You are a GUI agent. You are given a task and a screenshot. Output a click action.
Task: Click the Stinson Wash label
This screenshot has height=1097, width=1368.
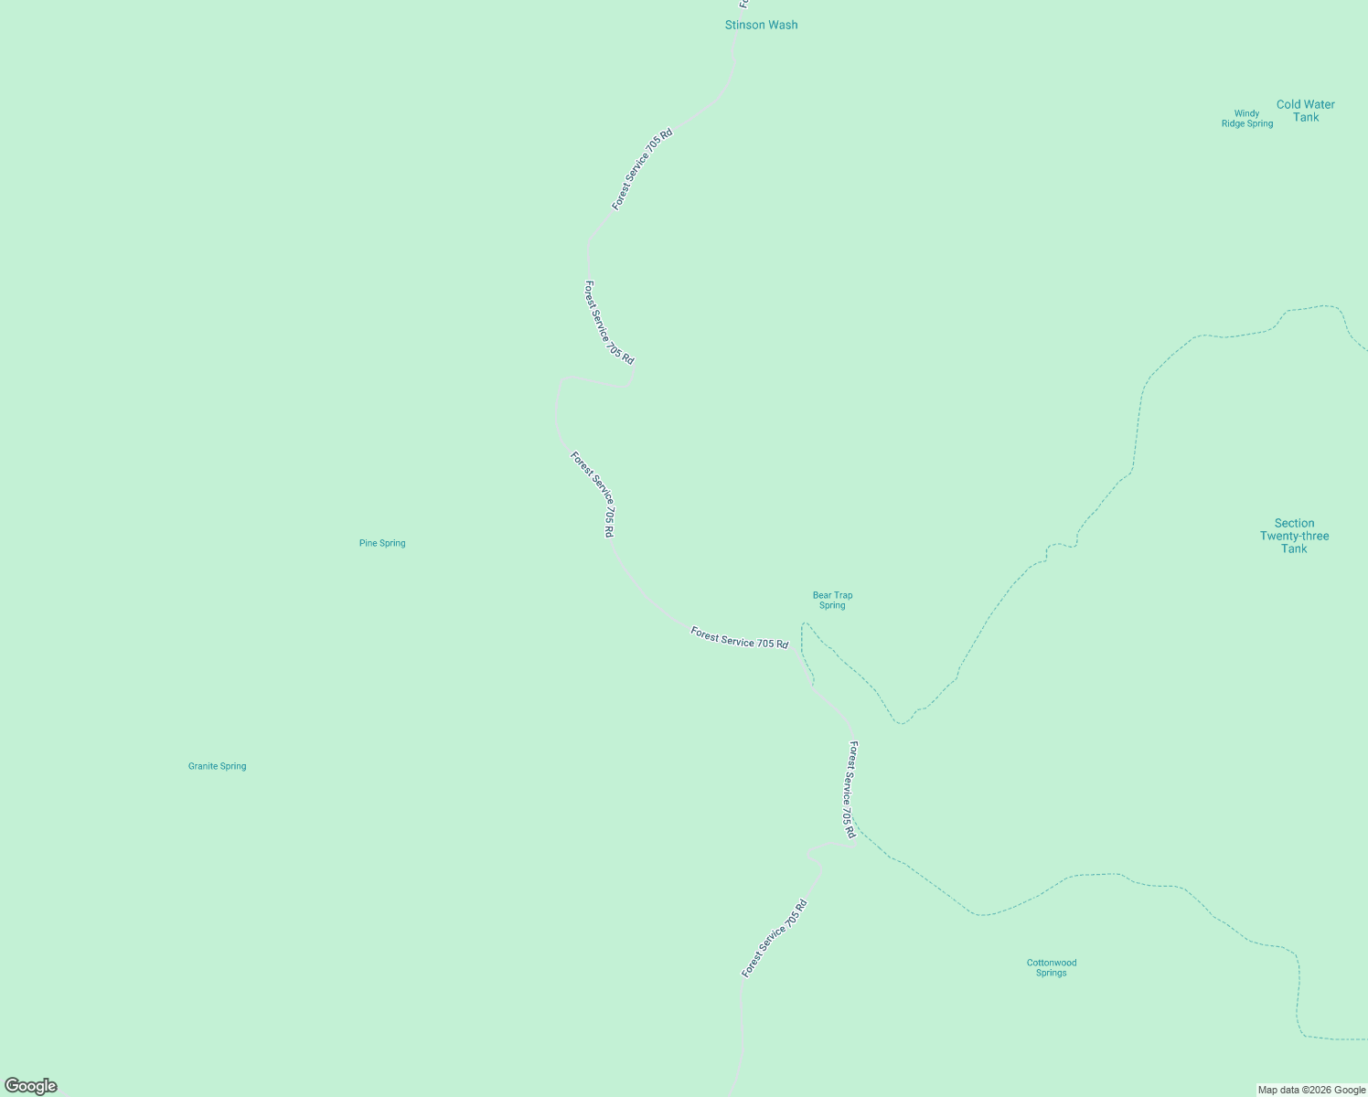click(761, 25)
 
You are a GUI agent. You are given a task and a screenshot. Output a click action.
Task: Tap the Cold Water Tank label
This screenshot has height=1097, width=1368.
click(1305, 111)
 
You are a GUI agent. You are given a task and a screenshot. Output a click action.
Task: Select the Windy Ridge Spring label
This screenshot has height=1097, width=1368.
click(1246, 119)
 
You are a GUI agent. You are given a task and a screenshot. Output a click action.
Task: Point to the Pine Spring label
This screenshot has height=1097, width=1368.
click(382, 543)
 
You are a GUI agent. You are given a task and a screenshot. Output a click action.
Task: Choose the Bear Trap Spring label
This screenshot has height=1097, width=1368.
click(832, 600)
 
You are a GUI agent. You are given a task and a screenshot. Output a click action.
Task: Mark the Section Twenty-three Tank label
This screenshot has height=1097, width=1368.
click(1294, 536)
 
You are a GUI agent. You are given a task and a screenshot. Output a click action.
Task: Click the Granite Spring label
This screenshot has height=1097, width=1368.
click(217, 766)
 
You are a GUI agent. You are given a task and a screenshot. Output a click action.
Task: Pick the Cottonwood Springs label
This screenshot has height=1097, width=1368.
click(1051, 967)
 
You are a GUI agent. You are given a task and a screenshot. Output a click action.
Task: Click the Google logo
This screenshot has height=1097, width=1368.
click(31, 1086)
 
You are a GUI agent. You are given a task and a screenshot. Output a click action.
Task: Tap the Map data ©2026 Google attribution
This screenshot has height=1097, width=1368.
click(1311, 1090)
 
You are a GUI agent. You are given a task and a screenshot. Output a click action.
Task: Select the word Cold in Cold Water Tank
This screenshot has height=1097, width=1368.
click(1289, 104)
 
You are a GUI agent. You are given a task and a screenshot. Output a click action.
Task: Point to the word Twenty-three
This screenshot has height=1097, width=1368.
click(1294, 536)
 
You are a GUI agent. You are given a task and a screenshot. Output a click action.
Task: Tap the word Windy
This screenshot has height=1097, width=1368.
click(1246, 113)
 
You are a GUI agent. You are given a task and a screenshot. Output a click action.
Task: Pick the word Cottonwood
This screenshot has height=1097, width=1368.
click(1051, 963)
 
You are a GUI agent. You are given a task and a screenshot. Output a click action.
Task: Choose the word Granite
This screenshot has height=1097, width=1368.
click(203, 766)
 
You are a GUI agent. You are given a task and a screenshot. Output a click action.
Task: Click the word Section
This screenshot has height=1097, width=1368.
click(1294, 523)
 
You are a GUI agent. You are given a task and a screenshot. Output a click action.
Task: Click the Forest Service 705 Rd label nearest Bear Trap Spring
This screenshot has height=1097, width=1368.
click(739, 638)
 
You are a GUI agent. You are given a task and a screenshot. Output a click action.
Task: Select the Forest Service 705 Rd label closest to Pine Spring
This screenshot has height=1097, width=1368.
click(593, 494)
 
